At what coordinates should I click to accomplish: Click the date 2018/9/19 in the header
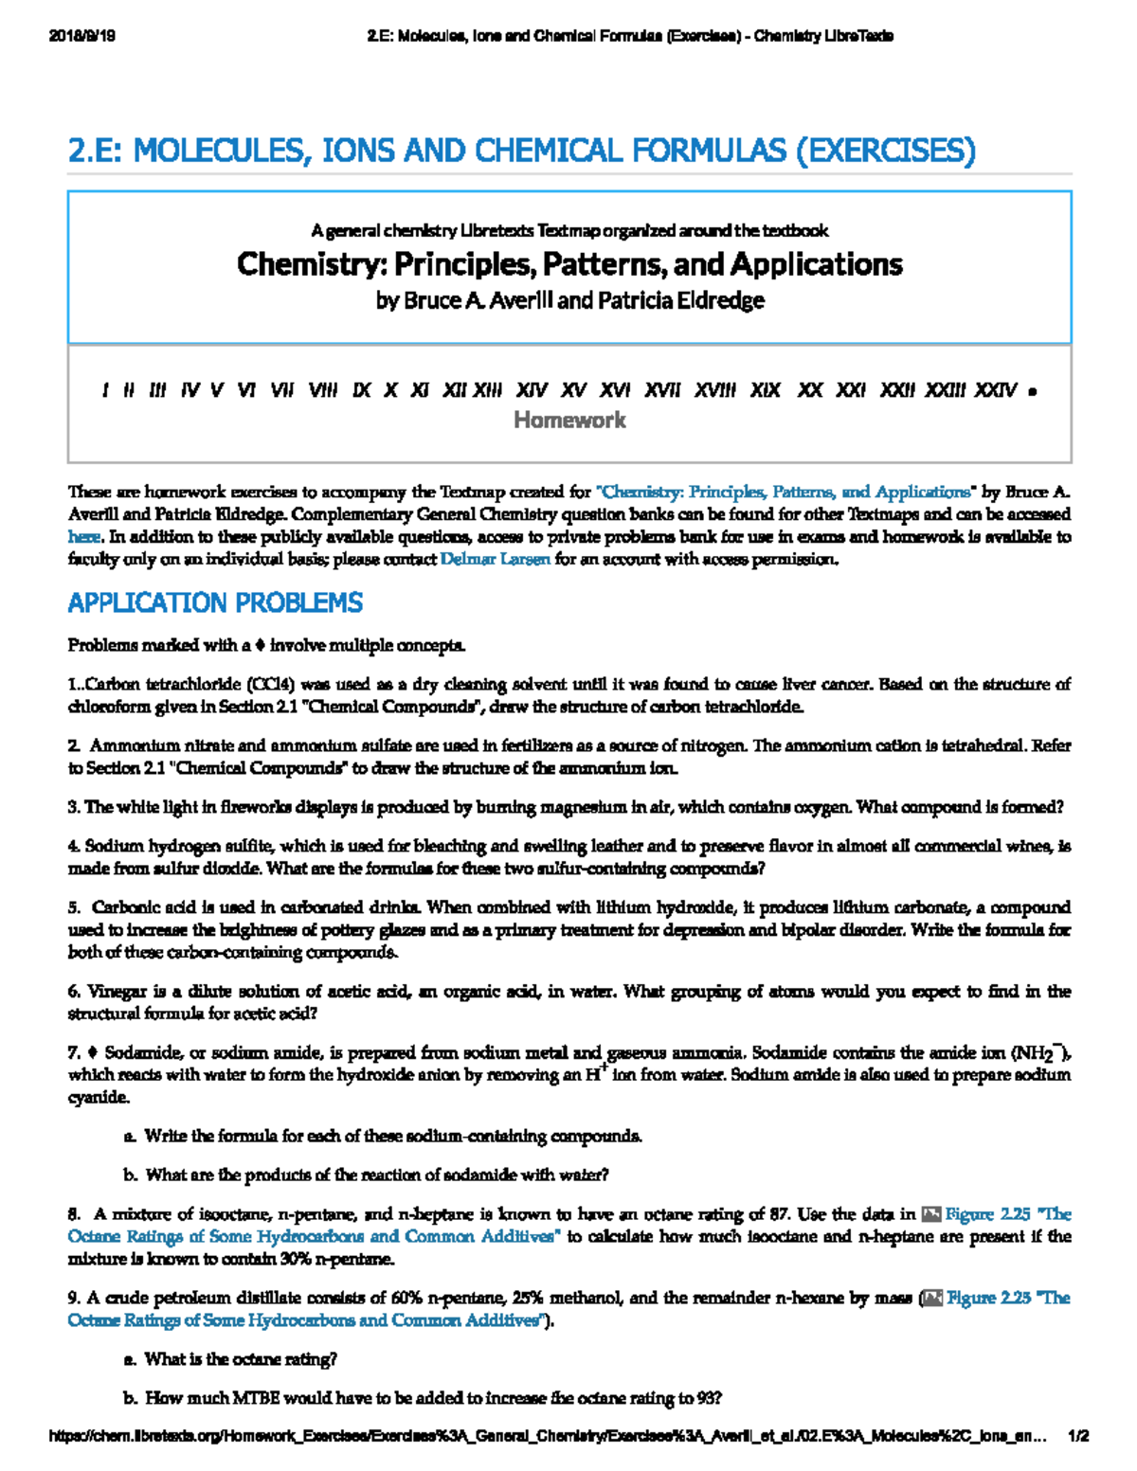81,36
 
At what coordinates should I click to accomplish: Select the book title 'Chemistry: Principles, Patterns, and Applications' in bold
569,263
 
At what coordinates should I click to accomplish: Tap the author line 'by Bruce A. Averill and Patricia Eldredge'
569,301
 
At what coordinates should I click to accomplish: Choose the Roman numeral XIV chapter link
532,390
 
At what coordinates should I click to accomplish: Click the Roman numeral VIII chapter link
322,390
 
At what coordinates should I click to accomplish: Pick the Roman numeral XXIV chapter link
995,390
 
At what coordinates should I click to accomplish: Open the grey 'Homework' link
569,420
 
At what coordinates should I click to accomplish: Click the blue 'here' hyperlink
83,537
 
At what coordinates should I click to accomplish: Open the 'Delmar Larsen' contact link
496,559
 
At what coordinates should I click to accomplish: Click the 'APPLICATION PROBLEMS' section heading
215,602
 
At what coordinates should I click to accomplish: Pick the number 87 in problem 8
780,1214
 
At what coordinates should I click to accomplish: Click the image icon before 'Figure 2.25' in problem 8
930,1214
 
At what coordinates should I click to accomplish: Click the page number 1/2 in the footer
1077,1436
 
